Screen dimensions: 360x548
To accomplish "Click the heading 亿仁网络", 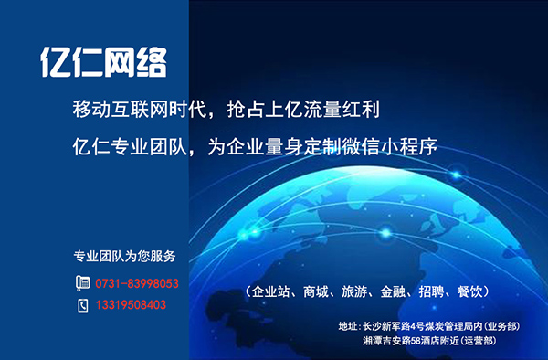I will point(103,62).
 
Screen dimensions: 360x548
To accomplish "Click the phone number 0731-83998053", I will point(137,284).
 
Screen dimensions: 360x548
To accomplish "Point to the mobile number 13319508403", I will point(131,305).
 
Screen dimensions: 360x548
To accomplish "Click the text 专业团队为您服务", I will point(125,255).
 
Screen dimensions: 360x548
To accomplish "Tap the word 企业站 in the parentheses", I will point(272,292).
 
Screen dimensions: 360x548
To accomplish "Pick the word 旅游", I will point(355,292).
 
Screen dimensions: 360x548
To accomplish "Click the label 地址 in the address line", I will point(348,326).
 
